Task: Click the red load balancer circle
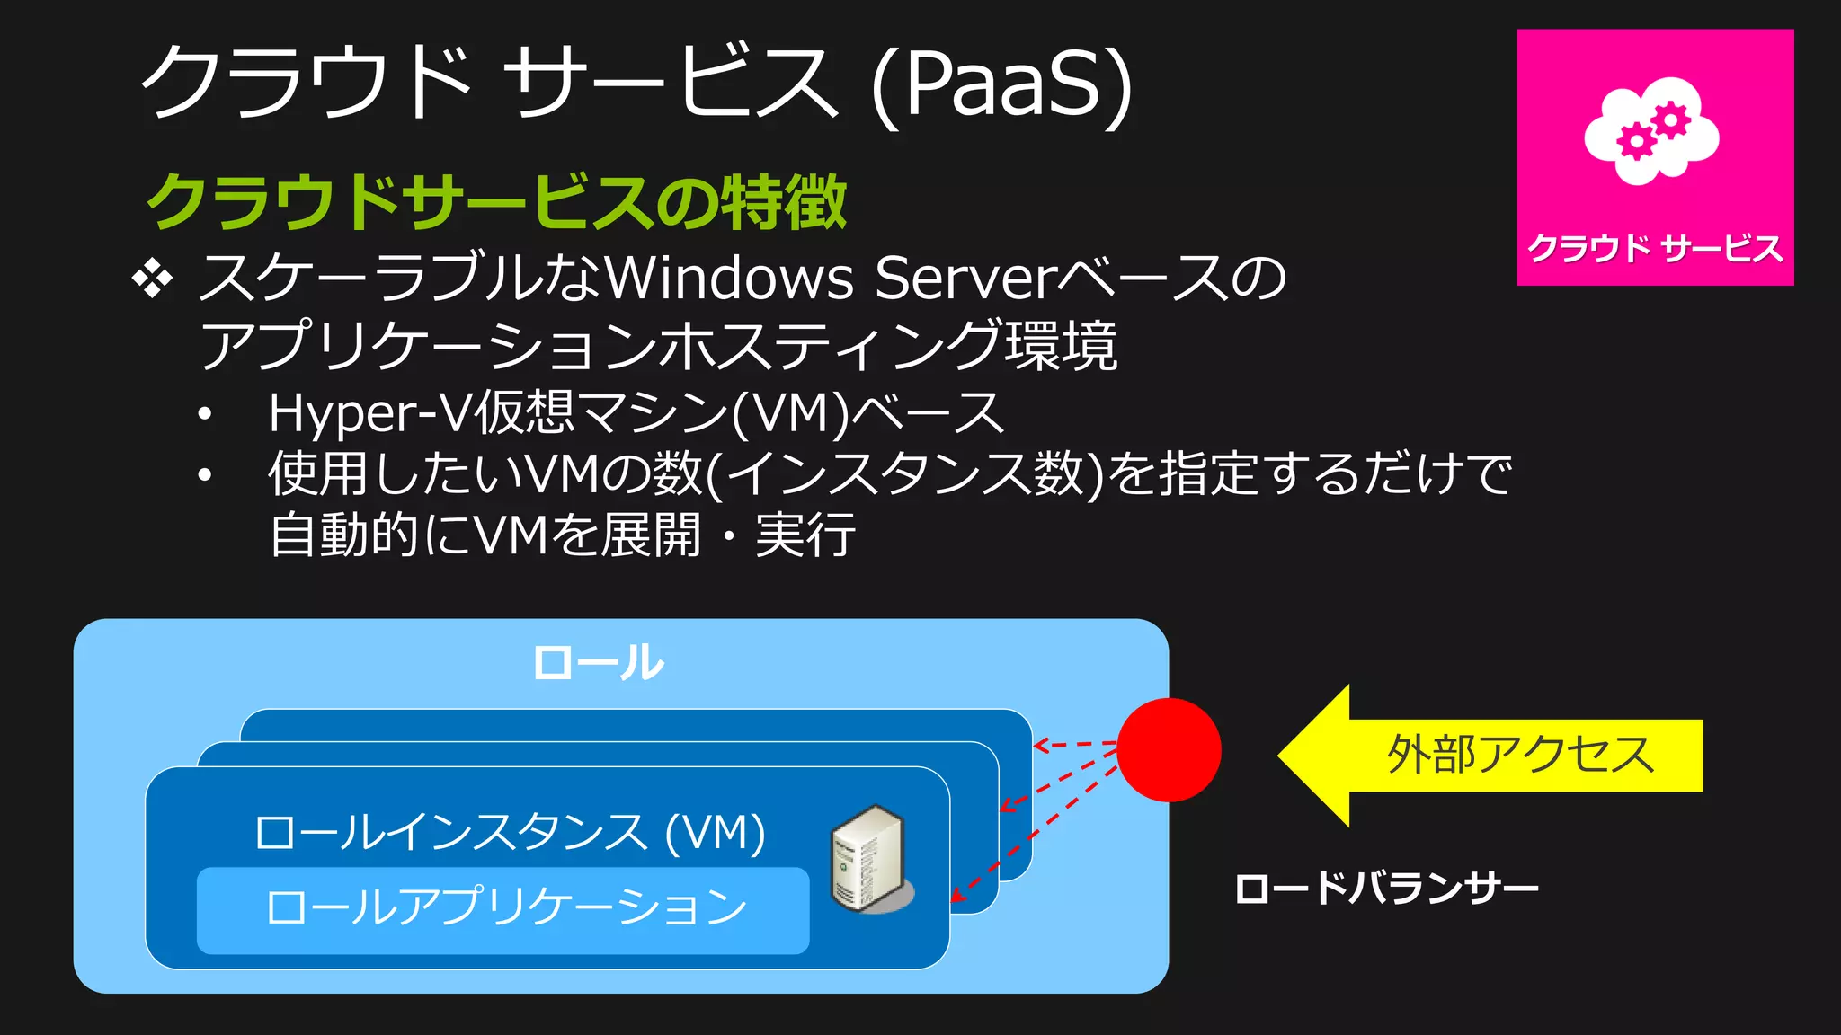[1169, 749]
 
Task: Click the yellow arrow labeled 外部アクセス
[1492, 755]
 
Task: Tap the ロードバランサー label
[1385, 889]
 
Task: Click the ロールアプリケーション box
[503, 909]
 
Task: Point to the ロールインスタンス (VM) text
[510, 832]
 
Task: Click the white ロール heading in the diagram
[598, 663]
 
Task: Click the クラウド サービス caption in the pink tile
[1655, 248]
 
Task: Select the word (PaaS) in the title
[1001, 85]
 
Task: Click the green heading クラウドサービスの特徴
[496, 201]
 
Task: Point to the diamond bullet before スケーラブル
[153, 279]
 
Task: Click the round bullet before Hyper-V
[205, 414]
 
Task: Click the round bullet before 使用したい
[205, 474]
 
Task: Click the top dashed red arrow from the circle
[1074, 745]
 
